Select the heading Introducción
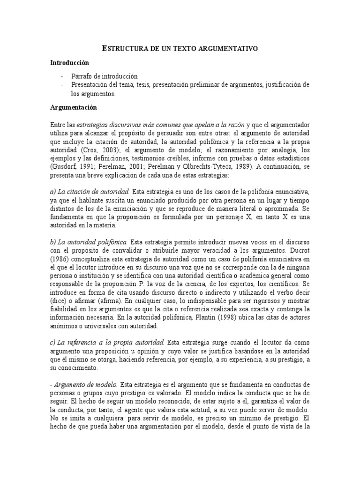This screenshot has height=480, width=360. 69,62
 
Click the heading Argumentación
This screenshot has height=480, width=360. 74,107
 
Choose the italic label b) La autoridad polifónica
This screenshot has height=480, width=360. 89,242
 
